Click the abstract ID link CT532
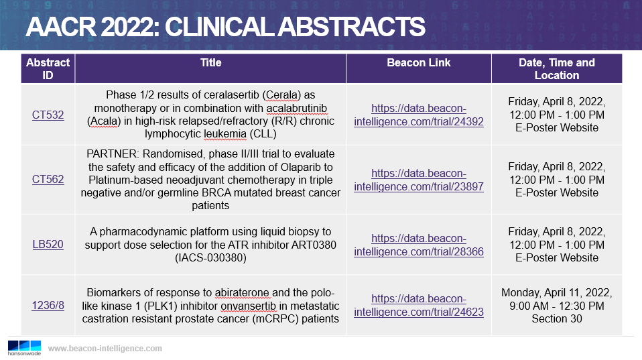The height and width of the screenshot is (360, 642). coord(48,115)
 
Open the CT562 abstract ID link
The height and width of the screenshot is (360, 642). coord(48,180)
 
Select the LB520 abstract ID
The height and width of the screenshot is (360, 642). coord(48,245)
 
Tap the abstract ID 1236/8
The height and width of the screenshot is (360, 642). coord(48,305)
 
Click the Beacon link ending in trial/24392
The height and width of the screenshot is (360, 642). coord(419,115)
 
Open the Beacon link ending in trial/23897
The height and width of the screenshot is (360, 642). coord(419,180)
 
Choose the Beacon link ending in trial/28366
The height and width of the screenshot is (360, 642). coord(419,245)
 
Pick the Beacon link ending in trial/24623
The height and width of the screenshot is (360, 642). coord(419,306)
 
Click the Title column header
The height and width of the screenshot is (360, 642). coord(211,62)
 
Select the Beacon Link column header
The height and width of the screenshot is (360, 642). coord(419,62)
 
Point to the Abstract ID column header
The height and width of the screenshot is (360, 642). coord(48,69)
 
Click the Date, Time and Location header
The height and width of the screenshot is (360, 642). coord(557,69)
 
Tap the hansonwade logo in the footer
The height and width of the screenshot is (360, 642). coord(24,348)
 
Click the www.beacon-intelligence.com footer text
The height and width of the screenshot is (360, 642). coord(105,349)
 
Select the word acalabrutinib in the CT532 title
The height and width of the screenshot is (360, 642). coord(297,109)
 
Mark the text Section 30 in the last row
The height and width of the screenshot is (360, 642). coord(557,318)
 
